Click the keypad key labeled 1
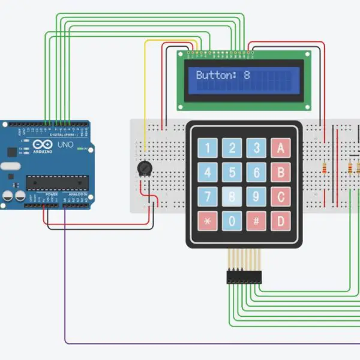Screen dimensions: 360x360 (208, 148)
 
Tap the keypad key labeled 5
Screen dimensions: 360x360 (232, 173)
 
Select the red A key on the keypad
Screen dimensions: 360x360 (280, 148)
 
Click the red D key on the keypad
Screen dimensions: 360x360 (280, 221)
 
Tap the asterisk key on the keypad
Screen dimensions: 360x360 (208, 221)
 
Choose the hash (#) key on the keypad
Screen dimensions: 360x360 (256, 221)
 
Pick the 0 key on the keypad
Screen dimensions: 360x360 (232, 221)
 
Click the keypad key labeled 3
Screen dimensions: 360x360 (256, 148)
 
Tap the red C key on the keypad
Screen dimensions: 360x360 (280, 197)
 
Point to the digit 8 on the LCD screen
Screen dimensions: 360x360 (246, 76)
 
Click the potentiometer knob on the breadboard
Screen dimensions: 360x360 (143, 169)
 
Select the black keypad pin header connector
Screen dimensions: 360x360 (244, 277)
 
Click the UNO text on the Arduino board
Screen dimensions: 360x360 (64, 145)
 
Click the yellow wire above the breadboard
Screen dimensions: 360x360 (168, 41)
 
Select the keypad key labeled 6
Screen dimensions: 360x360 (256, 173)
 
